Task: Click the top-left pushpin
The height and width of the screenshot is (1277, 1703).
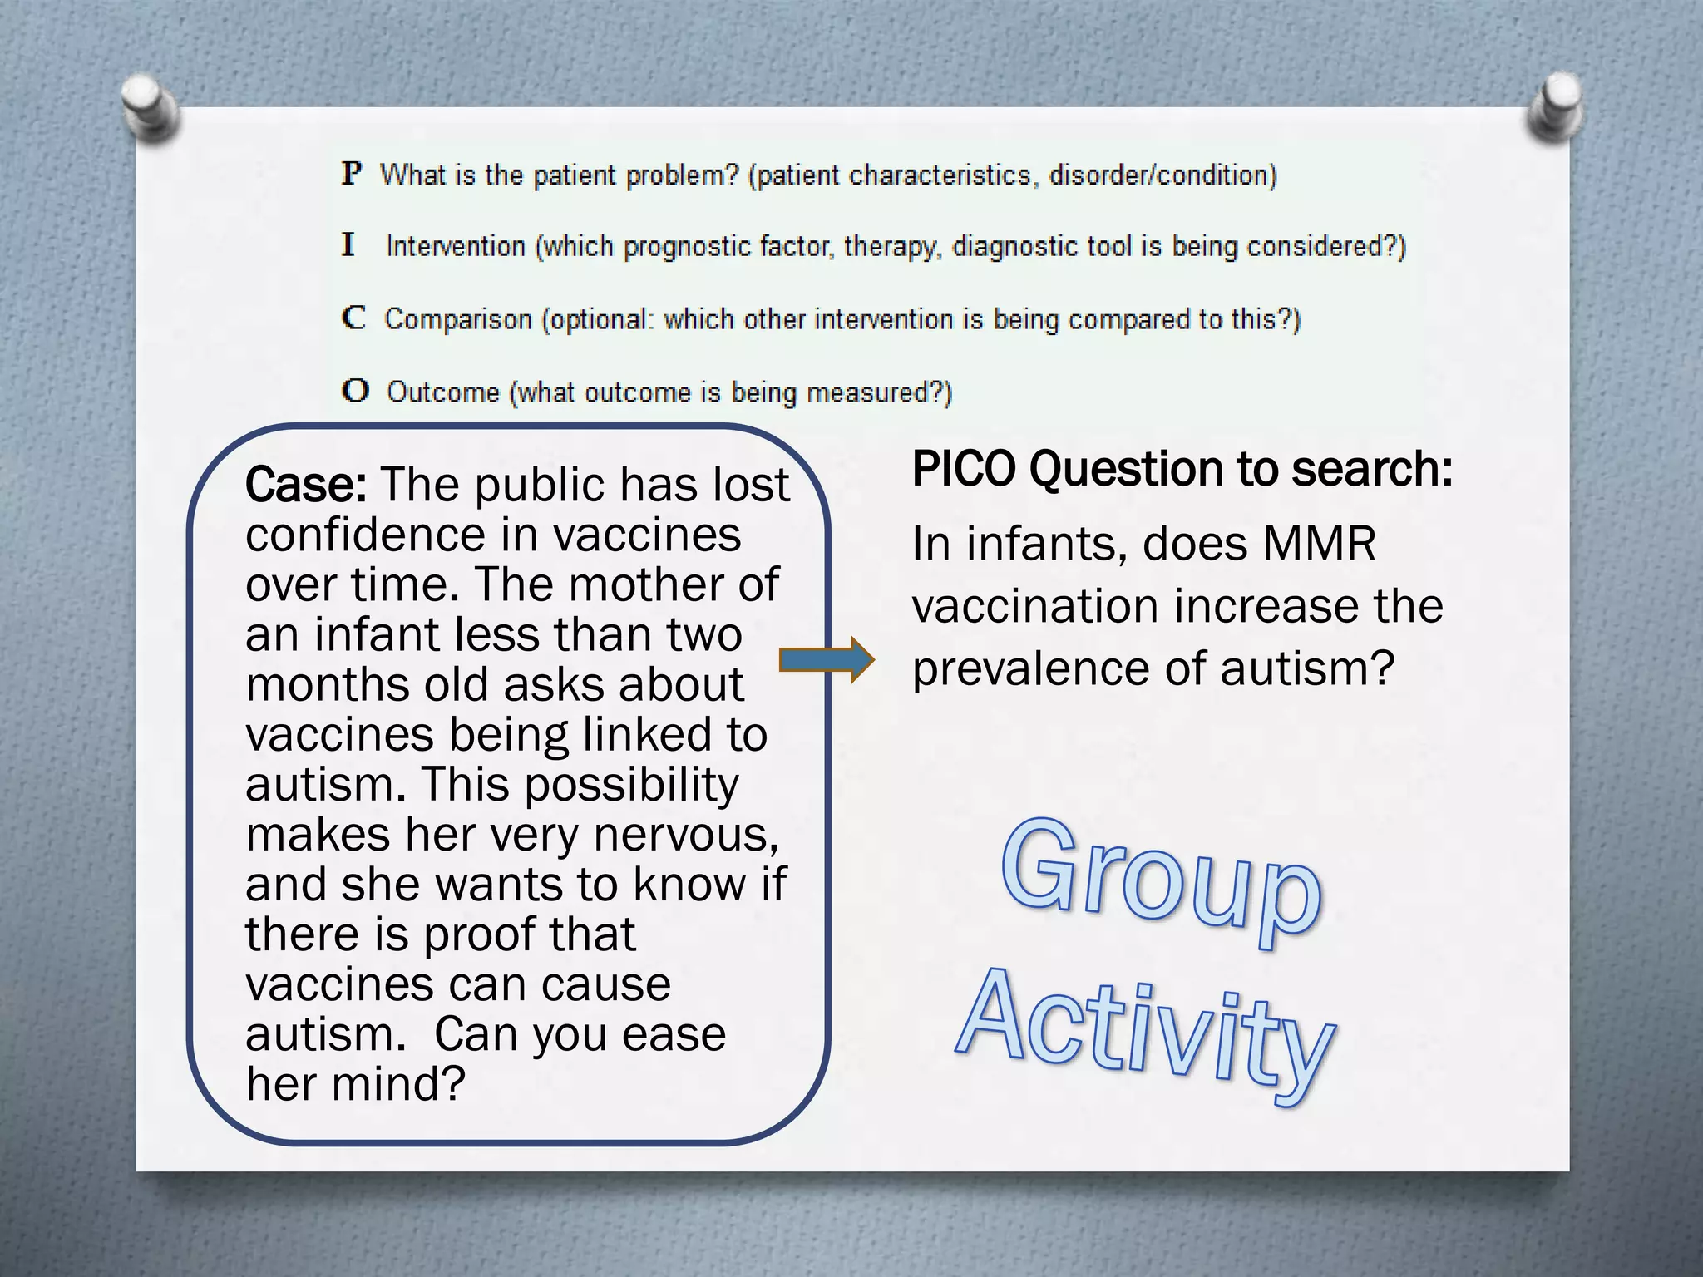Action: pyautogui.click(x=150, y=106)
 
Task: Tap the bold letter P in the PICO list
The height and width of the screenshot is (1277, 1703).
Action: pyautogui.click(x=352, y=174)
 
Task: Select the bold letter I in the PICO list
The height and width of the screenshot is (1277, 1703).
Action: pyautogui.click(x=348, y=245)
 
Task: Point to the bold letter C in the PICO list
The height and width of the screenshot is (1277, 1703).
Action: pyautogui.click(x=353, y=318)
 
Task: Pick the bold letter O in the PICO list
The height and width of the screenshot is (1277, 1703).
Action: pyautogui.click(x=355, y=391)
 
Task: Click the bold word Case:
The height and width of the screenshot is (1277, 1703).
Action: pyautogui.click(x=305, y=485)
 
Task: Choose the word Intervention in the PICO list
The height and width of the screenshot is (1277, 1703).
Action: pyautogui.click(x=456, y=246)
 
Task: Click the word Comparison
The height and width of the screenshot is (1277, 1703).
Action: pyautogui.click(x=457, y=319)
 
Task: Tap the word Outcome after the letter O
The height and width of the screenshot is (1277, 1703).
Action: pyautogui.click(x=443, y=392)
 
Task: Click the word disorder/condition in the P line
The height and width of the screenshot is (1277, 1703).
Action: pyautogui.click(x=1162, y=175)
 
